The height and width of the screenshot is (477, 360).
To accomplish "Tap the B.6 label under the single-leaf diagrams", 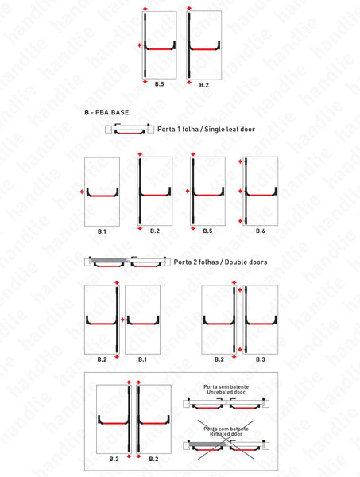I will click(260, 231).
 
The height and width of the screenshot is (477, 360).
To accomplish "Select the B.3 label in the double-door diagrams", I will click(260, 359).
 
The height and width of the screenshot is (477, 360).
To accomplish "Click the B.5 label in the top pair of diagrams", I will click(159, 83).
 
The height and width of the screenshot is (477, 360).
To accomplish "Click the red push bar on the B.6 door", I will click(261, 193).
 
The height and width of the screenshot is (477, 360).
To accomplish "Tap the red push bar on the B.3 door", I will click(260, 323).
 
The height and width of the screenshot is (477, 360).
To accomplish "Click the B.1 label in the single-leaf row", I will click(102, 231).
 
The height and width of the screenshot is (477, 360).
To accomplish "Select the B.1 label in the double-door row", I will click(141, 359).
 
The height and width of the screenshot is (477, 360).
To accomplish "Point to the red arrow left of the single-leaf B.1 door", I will click(82, 192).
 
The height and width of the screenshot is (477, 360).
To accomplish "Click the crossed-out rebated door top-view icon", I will click(226, 446).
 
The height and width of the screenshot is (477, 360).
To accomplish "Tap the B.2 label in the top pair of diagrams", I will click(204, 83).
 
